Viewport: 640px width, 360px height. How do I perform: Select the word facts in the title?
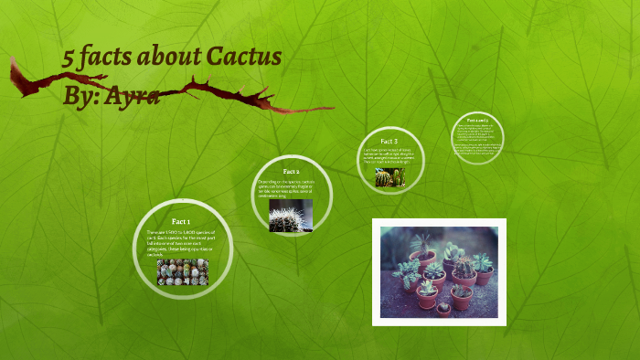[109, 59]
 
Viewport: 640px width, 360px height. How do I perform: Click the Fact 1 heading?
[181, 222]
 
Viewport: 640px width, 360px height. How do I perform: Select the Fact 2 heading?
[292, 172]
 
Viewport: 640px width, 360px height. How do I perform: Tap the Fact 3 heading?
[389, 142]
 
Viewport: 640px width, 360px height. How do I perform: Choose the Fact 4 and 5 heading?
[478, 121]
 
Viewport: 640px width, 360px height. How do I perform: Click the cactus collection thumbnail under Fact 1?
[183, 271]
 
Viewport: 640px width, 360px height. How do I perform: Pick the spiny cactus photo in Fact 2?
[291, 216]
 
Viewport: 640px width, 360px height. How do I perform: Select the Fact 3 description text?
[390, 157]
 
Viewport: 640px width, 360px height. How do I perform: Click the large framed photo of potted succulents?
[440, 271]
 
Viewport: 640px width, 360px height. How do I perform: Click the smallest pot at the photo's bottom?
[443, 307]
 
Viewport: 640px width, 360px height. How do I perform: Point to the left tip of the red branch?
[13, 62]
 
